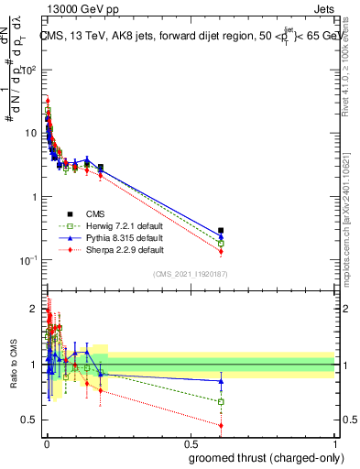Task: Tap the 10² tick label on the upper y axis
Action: (x=29, y=70)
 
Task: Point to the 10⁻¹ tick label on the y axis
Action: (x=29, y=260)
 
